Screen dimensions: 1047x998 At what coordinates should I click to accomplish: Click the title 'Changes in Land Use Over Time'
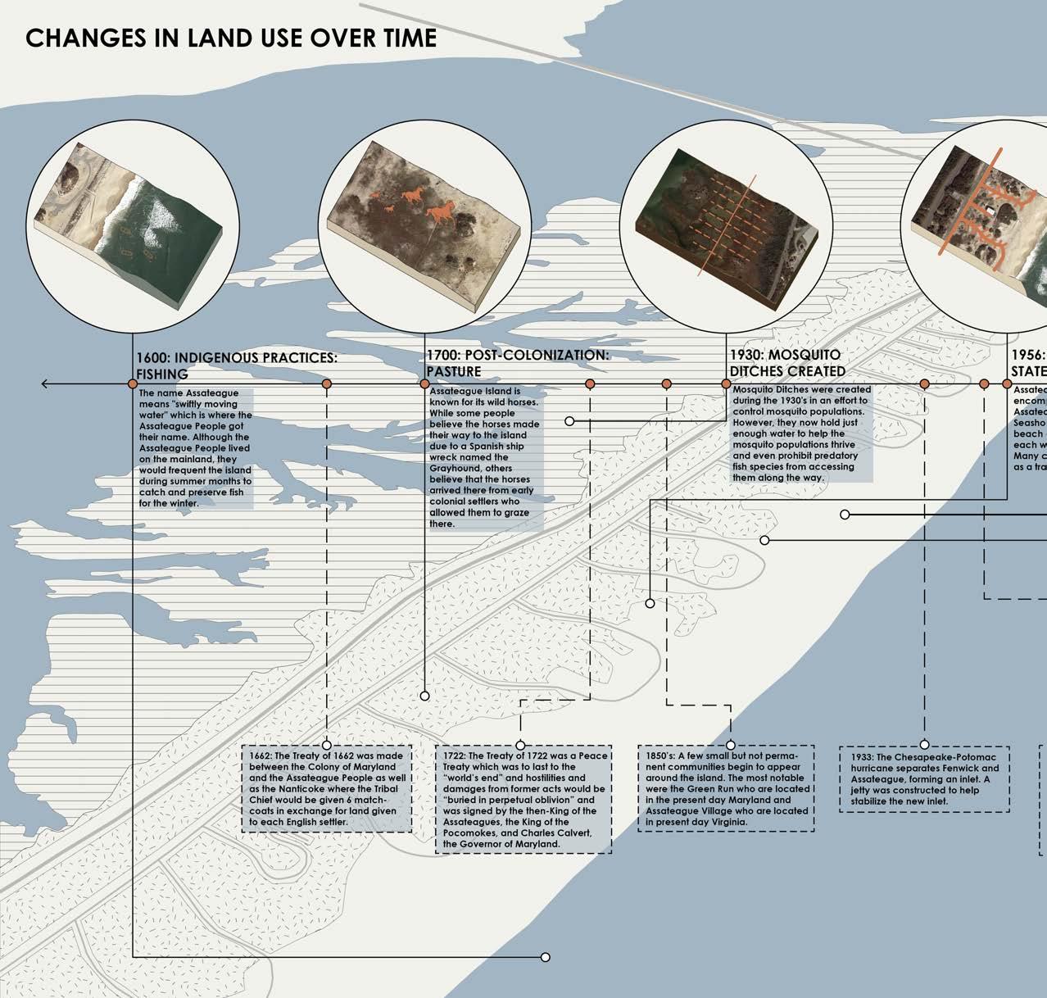[231, 39]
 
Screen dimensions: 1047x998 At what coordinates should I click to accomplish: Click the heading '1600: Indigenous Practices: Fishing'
[236, 366]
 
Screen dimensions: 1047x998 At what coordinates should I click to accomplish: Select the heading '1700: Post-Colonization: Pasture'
[518, 363]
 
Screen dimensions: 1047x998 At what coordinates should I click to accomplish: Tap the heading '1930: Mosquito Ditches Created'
[787, 363]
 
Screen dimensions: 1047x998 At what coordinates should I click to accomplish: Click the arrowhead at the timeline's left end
[46, 383]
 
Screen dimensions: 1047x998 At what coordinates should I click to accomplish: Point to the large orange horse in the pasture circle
[443, 212]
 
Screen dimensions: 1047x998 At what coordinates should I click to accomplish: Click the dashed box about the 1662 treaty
[327, 788]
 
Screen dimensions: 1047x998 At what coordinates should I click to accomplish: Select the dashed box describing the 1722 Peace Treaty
[523, 799]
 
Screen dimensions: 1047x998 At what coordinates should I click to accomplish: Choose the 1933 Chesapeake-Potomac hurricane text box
[924, 778]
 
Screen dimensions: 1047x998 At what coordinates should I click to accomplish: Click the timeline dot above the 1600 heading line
[132, 383]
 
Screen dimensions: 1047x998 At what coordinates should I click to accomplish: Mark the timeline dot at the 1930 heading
[726, 383]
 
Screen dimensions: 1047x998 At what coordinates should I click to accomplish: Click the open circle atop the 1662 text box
[327, 745]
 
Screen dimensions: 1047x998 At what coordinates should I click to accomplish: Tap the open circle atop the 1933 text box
[924, 745]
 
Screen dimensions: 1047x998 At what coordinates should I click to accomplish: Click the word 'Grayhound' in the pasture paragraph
[450, 468]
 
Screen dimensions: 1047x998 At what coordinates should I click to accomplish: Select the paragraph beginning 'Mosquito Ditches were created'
[801, 433]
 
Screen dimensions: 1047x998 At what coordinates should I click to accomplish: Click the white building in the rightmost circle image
[991, 211]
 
